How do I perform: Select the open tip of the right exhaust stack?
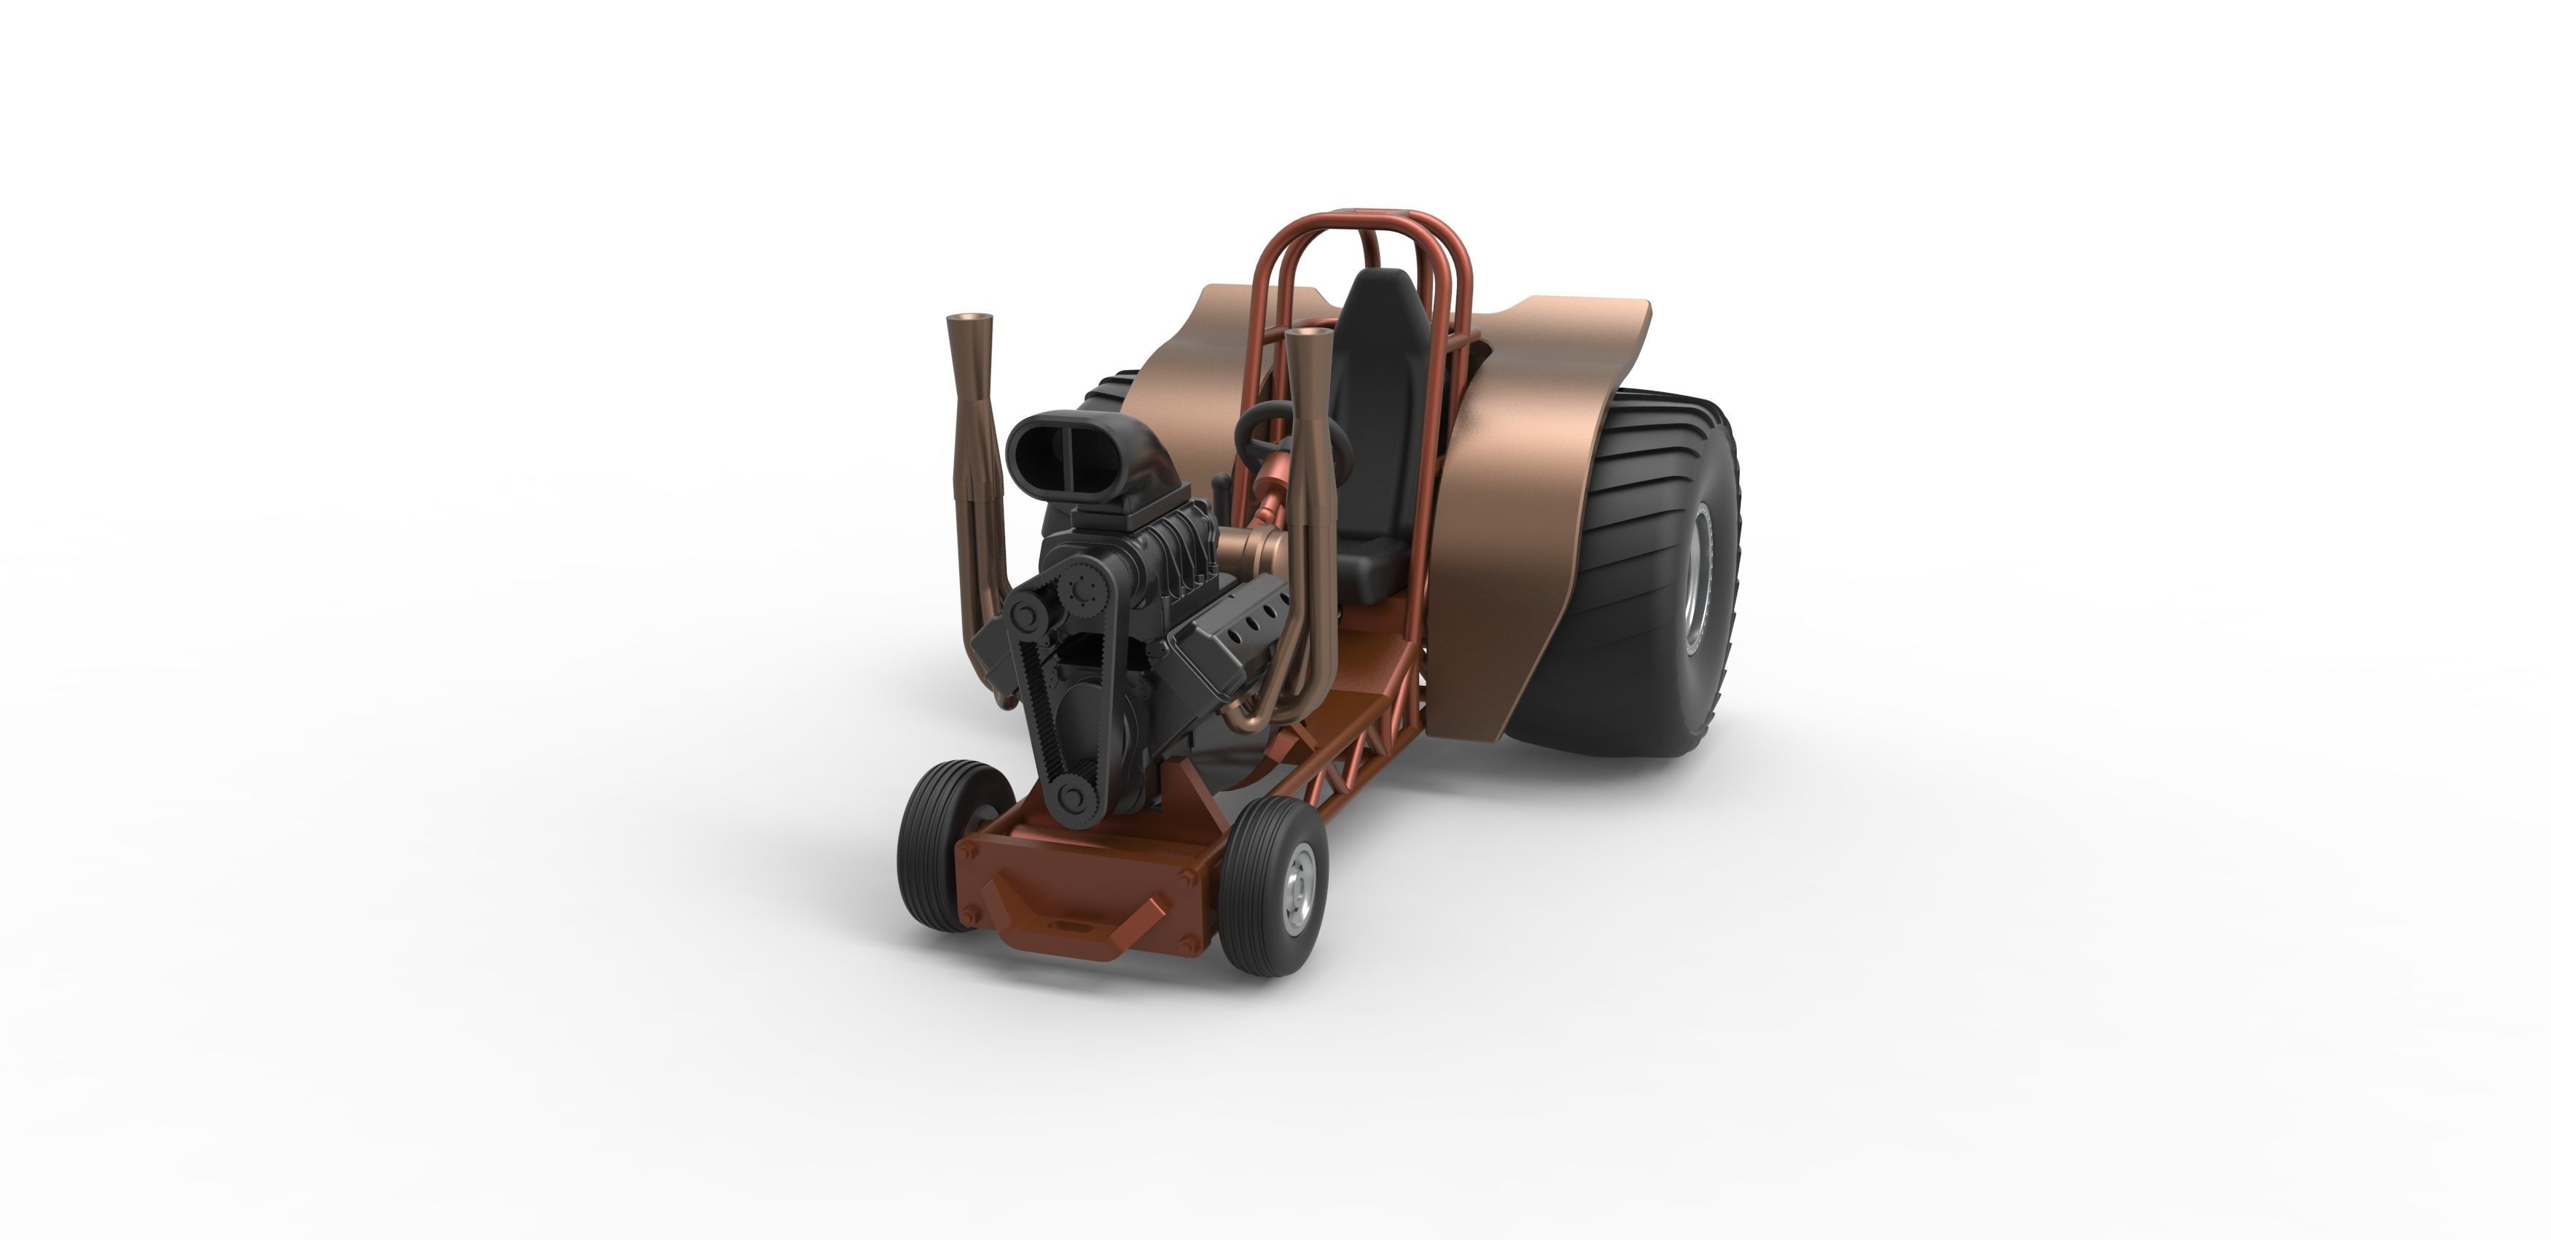click(1307, 336)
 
